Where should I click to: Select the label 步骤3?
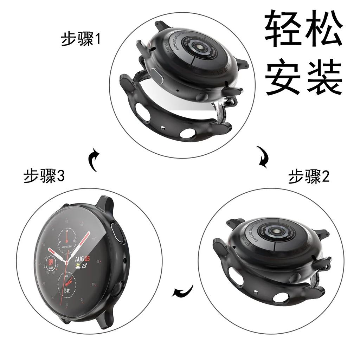coord(44,176)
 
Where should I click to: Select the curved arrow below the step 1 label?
coord(94,159)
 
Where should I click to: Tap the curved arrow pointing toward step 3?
coord(183,291)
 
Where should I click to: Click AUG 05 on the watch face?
coord(82,259)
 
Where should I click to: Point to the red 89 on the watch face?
coord(51,262)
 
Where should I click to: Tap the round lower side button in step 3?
coord(117,289)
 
